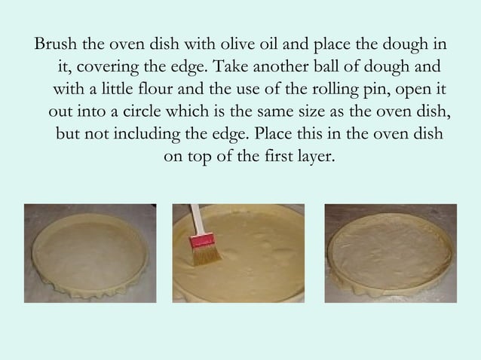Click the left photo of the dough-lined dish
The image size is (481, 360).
coord(90,253)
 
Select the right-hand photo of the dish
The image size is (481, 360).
coord(391,253)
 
